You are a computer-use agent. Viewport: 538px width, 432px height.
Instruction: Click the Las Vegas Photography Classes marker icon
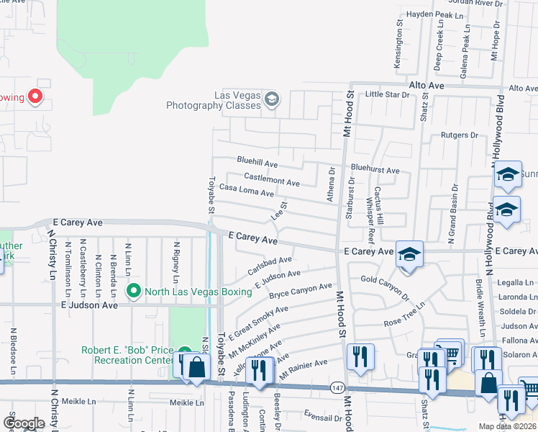271,99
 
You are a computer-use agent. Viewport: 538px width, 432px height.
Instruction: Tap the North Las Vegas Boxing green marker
133,291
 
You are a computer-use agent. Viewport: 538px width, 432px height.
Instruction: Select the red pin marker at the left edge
34,96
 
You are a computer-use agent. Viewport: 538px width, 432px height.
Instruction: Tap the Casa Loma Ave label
247,191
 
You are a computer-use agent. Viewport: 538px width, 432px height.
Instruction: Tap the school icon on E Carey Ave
409,254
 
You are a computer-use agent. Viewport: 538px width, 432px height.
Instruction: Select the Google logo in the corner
24,423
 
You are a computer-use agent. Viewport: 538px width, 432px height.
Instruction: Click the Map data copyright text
506,426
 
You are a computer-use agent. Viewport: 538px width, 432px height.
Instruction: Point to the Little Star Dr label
386,94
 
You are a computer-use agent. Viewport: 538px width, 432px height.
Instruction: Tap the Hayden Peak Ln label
435,14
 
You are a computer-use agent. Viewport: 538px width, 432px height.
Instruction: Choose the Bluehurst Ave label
375,171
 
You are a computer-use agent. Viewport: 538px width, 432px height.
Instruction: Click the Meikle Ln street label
183,402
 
